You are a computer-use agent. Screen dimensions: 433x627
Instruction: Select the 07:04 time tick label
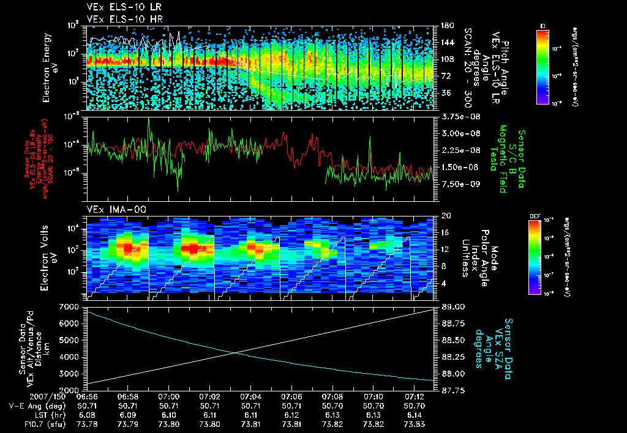(251, 396)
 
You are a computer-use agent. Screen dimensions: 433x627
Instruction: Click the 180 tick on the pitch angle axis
(446, 26)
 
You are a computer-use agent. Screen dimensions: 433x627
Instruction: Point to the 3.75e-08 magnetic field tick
(457, 116)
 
